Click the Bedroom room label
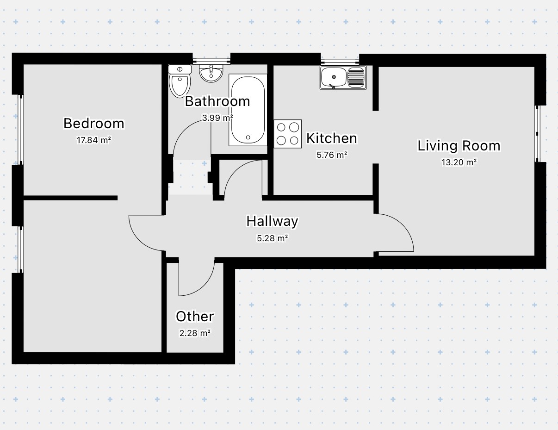point(94,124)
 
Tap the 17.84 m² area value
point(94,140)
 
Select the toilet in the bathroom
point(180,81)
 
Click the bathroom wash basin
point(211,73)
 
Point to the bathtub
point(248,110)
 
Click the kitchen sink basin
point(334,77)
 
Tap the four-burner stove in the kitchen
point(288,134)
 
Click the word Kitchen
point(331,138)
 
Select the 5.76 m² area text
point(332,155)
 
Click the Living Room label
point(459,146)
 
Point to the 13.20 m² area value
point(459,162)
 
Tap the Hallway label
point(272,221)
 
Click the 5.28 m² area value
point(272,238)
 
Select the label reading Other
point(195,317)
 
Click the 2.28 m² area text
point(195,333)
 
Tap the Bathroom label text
point(217,101)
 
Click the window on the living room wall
point(537,134)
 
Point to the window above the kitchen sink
point(340,62)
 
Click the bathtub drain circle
point(248,137)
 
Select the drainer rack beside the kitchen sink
point(356,77)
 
